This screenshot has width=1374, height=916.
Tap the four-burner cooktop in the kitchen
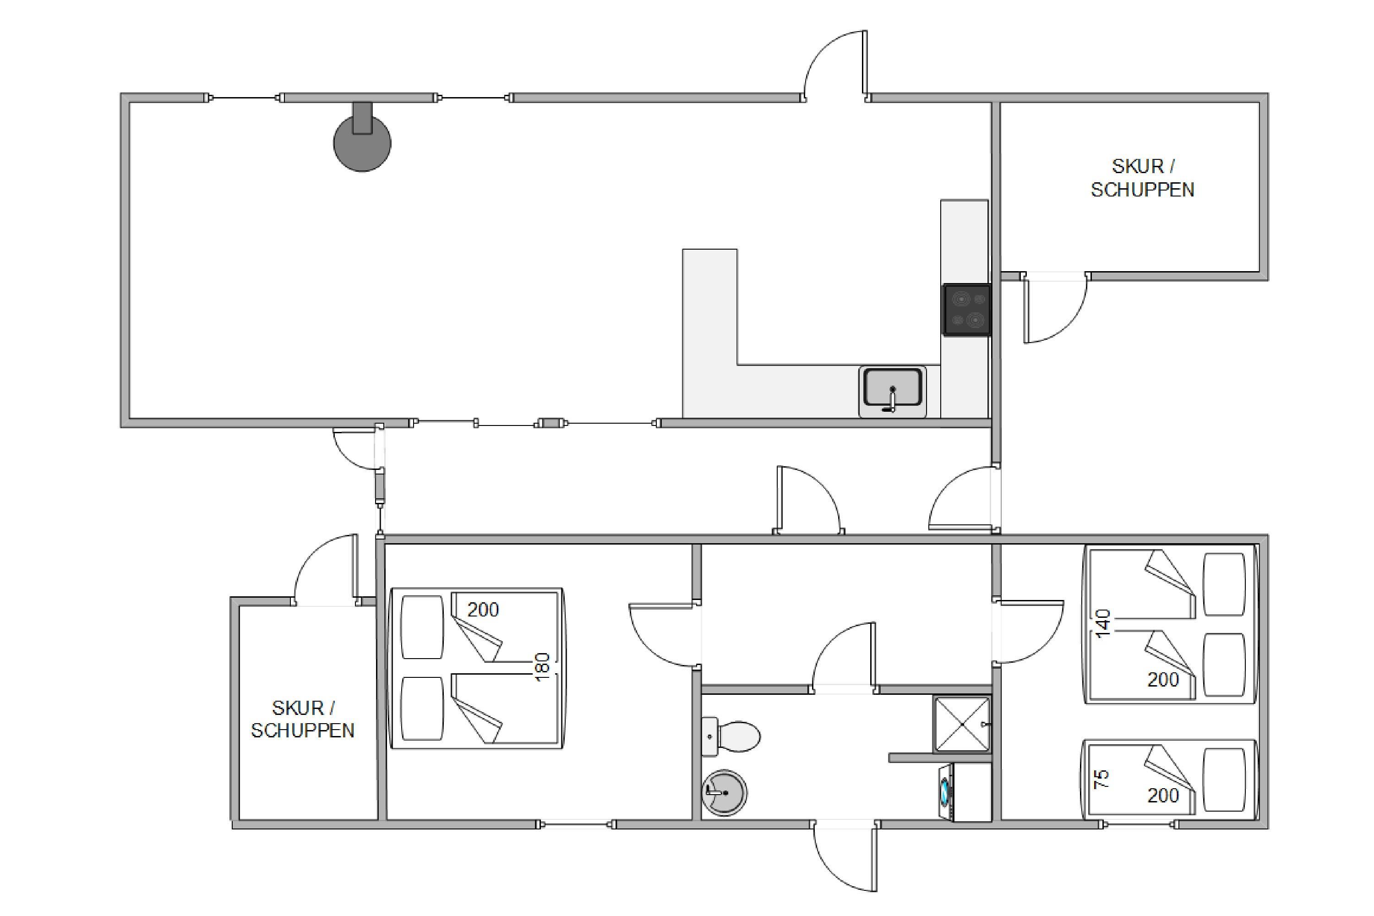point(967,310)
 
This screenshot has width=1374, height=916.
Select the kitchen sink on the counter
point(892,391)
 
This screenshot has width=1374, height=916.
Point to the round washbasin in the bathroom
point(725,792)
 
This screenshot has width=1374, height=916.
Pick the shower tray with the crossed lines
point(962,725)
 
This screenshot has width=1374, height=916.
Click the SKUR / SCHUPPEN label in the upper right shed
point(1143,178)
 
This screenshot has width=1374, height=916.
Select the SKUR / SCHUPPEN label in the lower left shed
point(303,719)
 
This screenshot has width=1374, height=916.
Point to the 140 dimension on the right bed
point(1102,623)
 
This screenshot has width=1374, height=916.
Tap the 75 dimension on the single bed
point(1101,780)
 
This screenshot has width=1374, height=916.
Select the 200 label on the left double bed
point(483,609)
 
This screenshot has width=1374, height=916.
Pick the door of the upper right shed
point(1054,308)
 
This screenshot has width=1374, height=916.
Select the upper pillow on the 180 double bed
point(422,627)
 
